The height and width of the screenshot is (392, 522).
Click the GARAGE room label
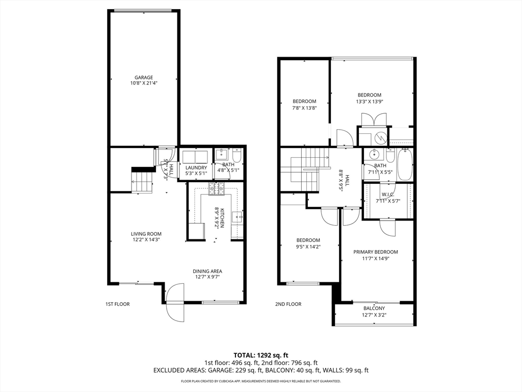click(x=143, y=78)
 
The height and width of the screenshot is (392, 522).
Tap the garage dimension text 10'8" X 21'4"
click(x=143, y=83)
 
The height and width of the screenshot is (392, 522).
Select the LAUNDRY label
click(x=196, y=167)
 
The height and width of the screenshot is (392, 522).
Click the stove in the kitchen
click(x=216, y=190)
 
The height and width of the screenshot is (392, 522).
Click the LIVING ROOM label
click(x=146, y=234)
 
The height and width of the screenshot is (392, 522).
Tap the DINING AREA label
click(x=207, y=271)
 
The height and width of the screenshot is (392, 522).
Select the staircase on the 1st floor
click(x=142, y=182)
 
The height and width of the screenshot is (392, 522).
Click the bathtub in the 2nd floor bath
click(x=405, y=164)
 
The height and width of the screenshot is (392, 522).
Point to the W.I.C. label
click(x=388, y=194)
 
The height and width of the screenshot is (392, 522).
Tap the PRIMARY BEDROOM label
click(x=376, y=252)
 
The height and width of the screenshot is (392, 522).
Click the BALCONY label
click(x=374, y=308)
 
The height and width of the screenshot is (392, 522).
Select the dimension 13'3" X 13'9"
click(x=369, y=101)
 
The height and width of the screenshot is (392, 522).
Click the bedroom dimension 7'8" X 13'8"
click(x=304, y=108)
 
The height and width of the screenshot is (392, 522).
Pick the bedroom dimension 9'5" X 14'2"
click(x=308, y=247)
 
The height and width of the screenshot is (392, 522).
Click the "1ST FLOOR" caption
click(x=117, y=304)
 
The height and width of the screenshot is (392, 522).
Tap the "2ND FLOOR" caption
click(x=289, y=304)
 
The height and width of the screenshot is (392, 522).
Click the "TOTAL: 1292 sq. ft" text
click(x=261, y=355)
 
